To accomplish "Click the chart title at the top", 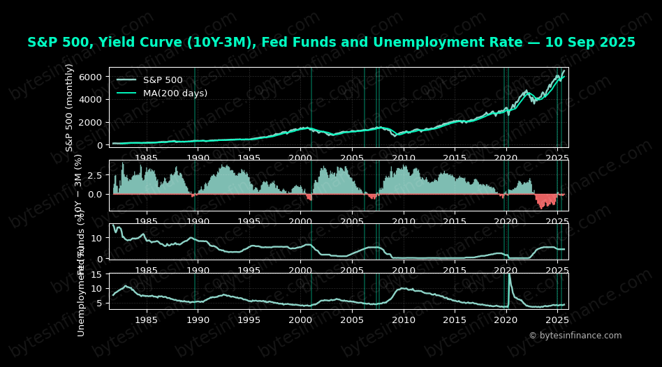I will pyautogui.click(x=331, y=43).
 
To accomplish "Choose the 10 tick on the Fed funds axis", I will pyautogui.click(x=98, y=238).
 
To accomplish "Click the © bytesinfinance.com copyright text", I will pyautogui.click(x=575, y=336).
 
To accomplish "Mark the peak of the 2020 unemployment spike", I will pyautogui.click(x=508, y=275).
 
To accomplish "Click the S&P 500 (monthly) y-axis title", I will pyautogui.click(x=70, y=107).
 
